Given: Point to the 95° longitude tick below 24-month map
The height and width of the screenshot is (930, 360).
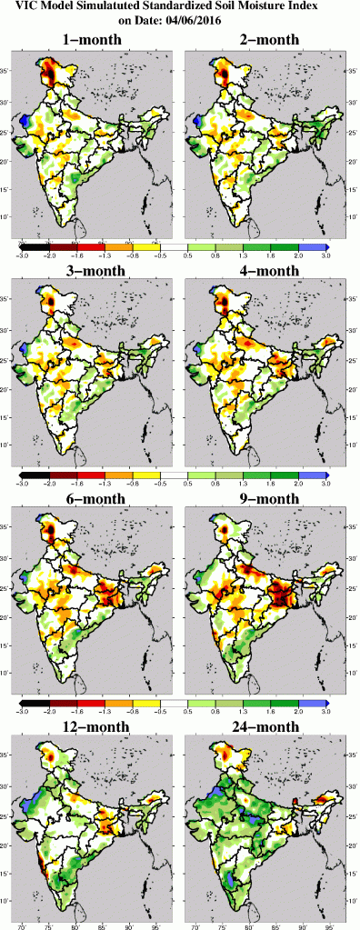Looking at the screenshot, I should (325, 925).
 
